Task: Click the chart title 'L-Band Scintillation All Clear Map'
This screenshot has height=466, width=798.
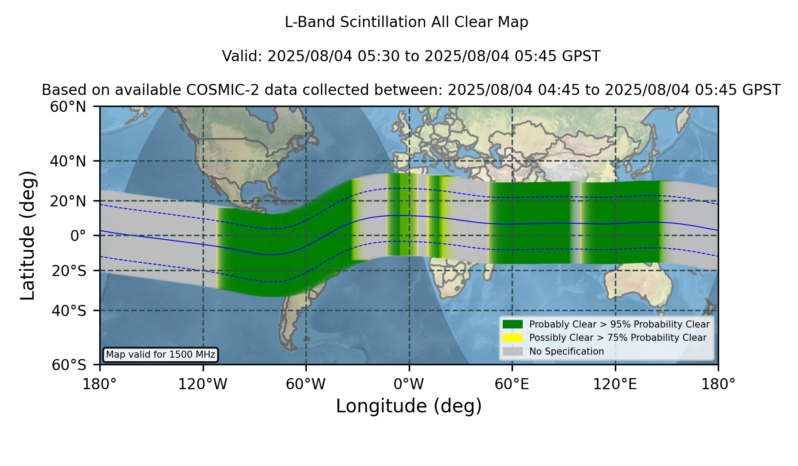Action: pyautogui.click(x=407, y=22)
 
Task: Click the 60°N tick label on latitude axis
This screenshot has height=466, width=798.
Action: pyautogui.click(x=68, y=107)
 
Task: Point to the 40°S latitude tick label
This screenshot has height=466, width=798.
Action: pyautogui.click(x=69, y=311)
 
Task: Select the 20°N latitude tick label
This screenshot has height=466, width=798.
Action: pyautogui.click(x=68, y=201)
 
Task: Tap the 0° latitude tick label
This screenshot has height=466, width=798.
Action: pyautogui.click(x=78, y=236)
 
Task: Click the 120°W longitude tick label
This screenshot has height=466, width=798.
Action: pyautogui.click(x=203, y=384)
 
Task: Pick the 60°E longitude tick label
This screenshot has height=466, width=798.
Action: pyautogui.click(x=512, y=384)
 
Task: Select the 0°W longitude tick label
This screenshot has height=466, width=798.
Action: pyautogui.click(x=409, y=384)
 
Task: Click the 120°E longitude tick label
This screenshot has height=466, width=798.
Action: pyautogui.click(x=615, y=384)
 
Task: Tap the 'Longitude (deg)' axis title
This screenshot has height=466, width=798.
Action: pyautogui.click(x=409, y=406)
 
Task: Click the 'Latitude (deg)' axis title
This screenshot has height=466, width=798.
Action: pyautogui.click(x=27, y=235)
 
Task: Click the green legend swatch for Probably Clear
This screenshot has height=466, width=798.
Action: pyautogui.click(x=512, y=324)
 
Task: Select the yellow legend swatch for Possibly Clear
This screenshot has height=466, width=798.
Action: pyautogui.click(x=512, y=338)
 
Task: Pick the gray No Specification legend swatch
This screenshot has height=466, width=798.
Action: pyautogui.click(x=512, y=351)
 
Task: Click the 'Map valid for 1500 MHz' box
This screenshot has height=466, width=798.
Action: pyautogui.click(x=160, y=355)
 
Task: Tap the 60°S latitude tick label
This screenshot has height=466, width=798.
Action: pyautogui.click(x=69, y=365)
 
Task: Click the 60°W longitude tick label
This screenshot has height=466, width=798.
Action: pyautogui.click(x=306, y=384)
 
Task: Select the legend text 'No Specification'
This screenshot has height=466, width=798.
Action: pyautogui.click(x=567, y=351)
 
